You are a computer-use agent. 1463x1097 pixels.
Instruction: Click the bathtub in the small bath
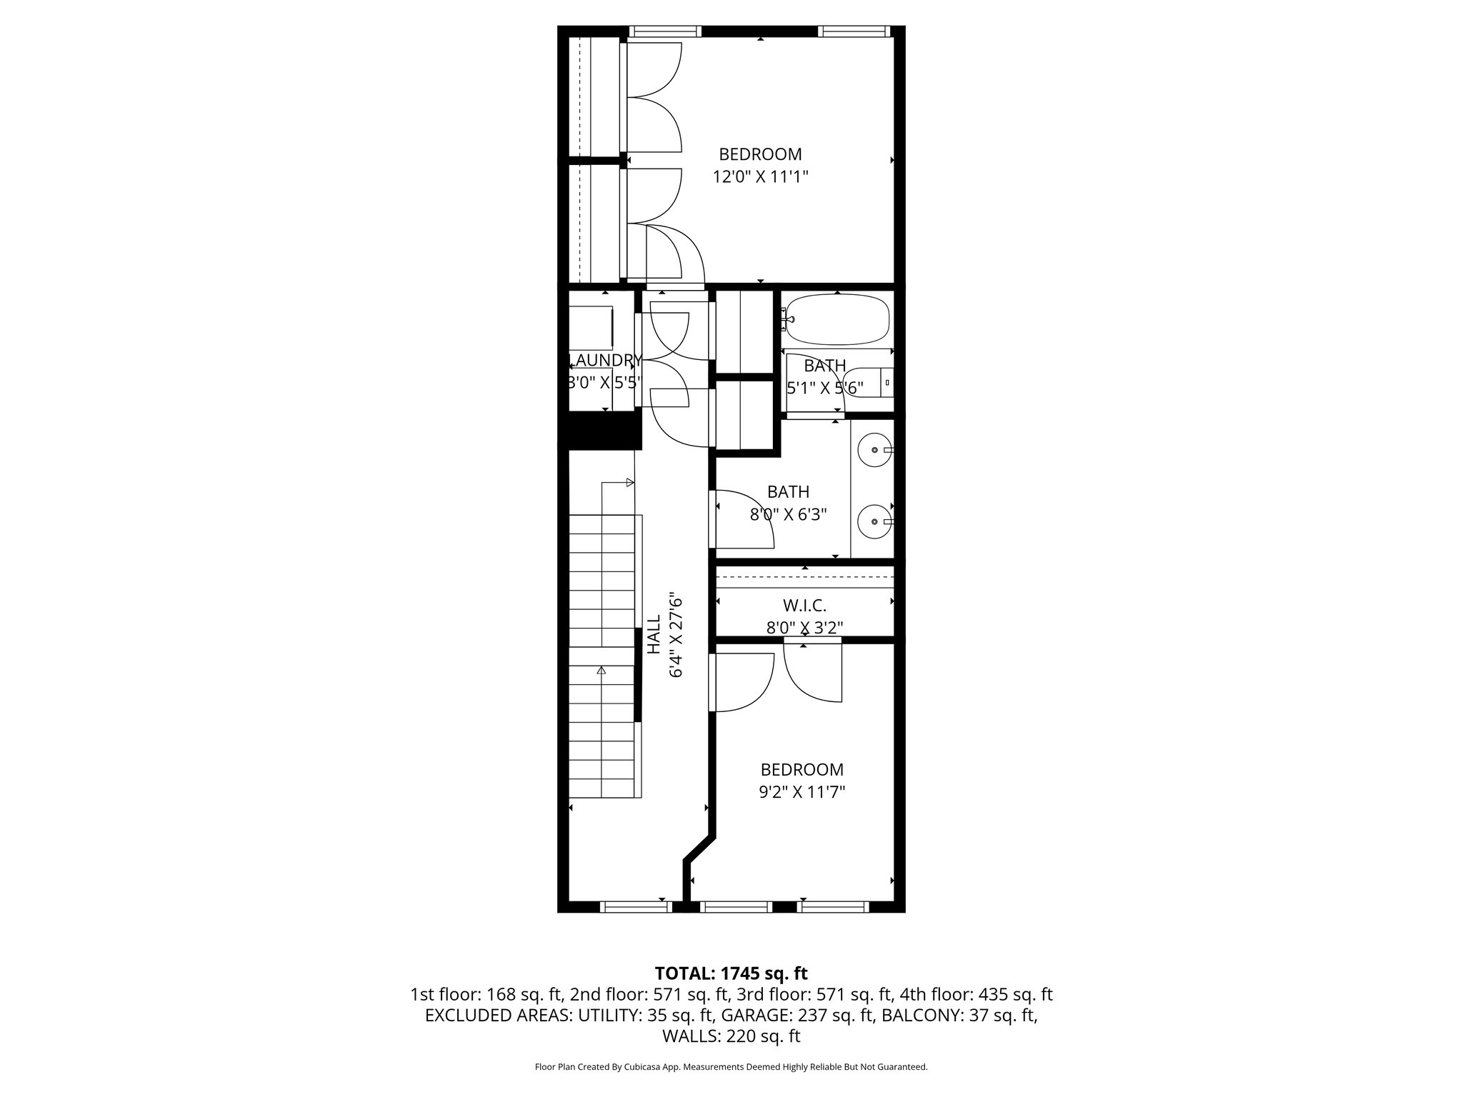[837, 321]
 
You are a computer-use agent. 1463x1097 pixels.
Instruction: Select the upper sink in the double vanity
[875, 451]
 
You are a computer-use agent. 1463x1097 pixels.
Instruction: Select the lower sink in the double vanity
[875, 521]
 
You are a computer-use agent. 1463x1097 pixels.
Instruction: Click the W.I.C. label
[804, 606]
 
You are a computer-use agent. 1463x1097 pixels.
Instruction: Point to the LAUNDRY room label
[604, 360]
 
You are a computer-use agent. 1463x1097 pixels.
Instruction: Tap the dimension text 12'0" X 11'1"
[760, 176]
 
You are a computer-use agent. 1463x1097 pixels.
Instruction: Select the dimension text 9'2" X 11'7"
[802, 792]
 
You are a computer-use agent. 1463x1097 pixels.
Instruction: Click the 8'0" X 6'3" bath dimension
[788, 514]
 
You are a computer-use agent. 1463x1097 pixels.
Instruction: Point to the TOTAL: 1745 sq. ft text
[731, 973]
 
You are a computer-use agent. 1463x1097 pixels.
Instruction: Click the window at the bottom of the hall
[636, 907]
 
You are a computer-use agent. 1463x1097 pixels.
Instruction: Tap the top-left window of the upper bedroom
[664, 31]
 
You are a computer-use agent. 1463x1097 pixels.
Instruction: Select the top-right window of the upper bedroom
[853, 31]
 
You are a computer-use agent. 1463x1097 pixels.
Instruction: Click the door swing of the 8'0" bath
[743, 518]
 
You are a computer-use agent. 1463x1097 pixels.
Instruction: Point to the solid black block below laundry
[599, 432]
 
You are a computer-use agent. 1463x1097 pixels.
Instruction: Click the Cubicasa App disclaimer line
[731, 1067]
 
